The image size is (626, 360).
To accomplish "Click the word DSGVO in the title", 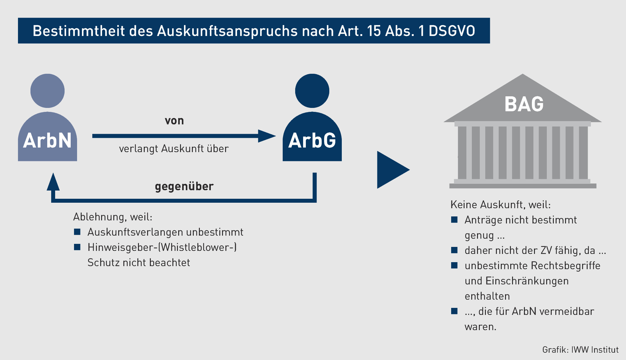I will pos(452,31).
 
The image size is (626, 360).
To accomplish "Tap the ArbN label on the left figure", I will pos(47,141).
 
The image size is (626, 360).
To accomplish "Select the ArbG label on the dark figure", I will pos(312,141).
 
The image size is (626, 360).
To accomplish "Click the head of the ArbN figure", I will pos(48,91).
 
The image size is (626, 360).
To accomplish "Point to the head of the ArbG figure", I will pos(312,91).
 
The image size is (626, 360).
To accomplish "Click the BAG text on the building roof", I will pos(524,104).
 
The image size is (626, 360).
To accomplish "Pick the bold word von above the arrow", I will pos(174,121).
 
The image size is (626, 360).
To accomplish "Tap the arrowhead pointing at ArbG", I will pos(266,136).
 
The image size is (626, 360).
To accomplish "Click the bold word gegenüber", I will pos(184,187).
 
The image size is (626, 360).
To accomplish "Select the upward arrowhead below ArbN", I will pos(53,182).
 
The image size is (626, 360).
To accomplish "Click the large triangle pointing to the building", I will pos(391,170).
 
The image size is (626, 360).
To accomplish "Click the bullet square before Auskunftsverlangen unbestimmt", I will pos(77,232).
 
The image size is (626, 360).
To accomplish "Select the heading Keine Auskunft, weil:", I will pos(500,205).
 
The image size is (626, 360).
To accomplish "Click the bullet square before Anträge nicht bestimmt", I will pos(454,220).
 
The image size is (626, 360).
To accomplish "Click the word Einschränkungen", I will pos(527,281).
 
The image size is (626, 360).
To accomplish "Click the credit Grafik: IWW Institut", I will pos(580,350).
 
